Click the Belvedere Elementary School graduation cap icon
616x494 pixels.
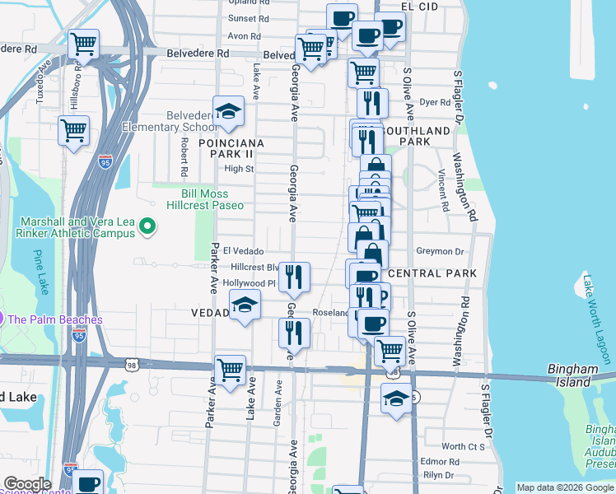(x=228, y=111)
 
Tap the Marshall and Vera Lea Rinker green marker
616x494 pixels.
(x=147, y=226)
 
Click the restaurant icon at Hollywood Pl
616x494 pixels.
(x=293, y=277)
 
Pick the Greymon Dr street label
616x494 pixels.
(x=441, y=251)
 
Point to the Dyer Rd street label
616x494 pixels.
(x=434, y=103)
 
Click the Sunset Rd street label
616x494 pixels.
(x=249, y=18)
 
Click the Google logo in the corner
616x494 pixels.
(x=28, y=484)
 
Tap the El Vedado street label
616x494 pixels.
(x=243, y=251)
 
